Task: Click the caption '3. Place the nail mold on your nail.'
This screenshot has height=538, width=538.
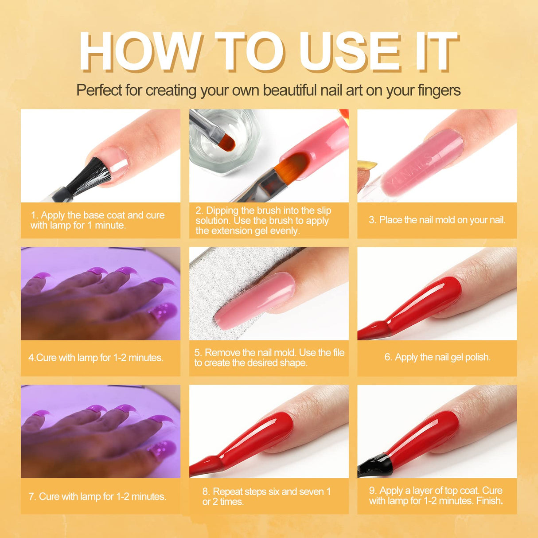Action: [437, 220]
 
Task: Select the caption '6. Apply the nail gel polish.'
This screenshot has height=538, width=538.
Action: [437, 357]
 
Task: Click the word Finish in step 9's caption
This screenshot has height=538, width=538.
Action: [489, 501]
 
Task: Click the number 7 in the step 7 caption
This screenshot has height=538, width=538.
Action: [31, 496]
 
